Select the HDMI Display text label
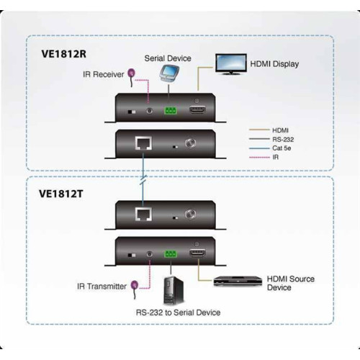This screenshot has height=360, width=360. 274,64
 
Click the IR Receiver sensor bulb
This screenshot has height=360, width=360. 132,72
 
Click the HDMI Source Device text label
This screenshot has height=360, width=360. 290,283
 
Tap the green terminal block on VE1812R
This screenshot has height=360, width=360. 171,111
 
